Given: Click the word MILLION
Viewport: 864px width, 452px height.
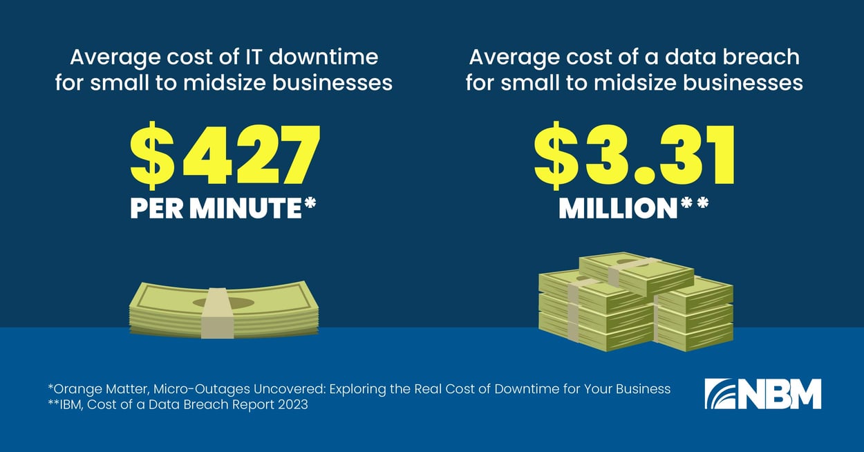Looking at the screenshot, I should [617, 209].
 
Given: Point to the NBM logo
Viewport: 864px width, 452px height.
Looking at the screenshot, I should [762, 393].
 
